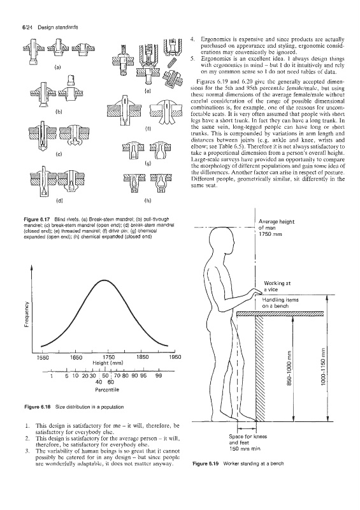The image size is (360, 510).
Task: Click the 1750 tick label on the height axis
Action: coord(108,357)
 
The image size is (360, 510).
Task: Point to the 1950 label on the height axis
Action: coord(175,357)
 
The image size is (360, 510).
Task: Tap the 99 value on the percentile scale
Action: coord(159,375)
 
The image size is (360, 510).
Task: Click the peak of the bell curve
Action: coord(104,280)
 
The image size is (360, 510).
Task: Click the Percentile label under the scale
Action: coord(107,390)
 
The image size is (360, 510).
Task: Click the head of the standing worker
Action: coord(220,240)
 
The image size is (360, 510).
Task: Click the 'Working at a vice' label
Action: coord(277,286)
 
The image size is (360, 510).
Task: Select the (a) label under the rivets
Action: coord(58,68)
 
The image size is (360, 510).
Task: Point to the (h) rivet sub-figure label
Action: coord(147,201)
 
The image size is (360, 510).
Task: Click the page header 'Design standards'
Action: coord(58,27)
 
